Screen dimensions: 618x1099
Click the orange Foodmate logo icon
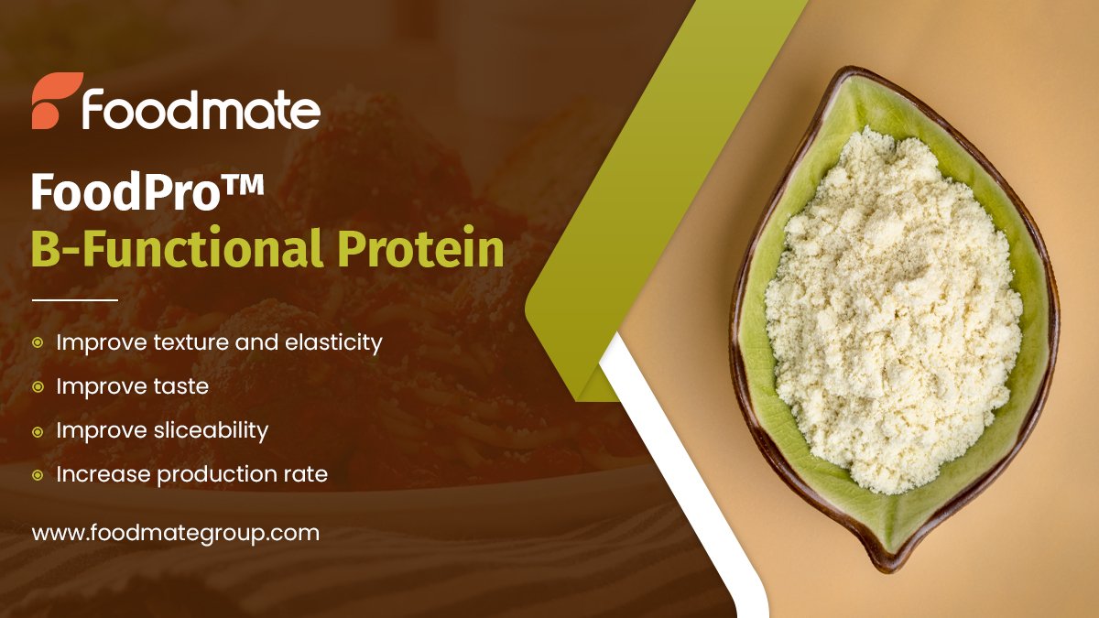coord(57,101)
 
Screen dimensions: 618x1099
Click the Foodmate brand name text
coord(201,109)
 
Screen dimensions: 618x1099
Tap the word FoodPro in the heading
coord(121,194)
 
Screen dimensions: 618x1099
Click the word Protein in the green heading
coord(422,249)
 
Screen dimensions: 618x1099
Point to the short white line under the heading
coord(75,299)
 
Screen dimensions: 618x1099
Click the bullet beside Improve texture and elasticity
coord(38,342)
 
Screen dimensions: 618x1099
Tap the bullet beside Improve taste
coord(38,387)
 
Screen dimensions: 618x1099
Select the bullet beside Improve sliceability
coord(38,431)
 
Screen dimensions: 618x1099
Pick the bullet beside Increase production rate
coord(38,475)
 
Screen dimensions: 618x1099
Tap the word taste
coord(179,387)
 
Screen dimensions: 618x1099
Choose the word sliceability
coord(209,431)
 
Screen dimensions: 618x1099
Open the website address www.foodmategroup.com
coord(176,533)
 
